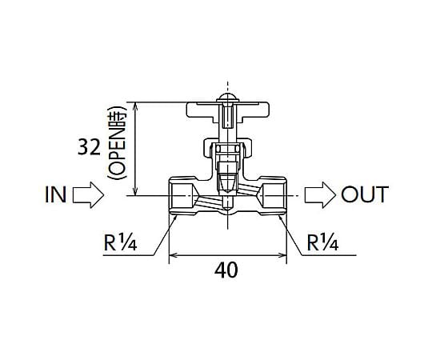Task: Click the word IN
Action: (55, 194)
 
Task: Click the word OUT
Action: (365, 194)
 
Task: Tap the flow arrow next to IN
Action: (88, 194)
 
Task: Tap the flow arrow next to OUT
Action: (320, 194)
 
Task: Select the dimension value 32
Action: (89, 147)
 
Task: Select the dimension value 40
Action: (226, 270)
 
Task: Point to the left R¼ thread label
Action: (120, 242)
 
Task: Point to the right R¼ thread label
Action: (322, 242)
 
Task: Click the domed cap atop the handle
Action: (227, 97)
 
